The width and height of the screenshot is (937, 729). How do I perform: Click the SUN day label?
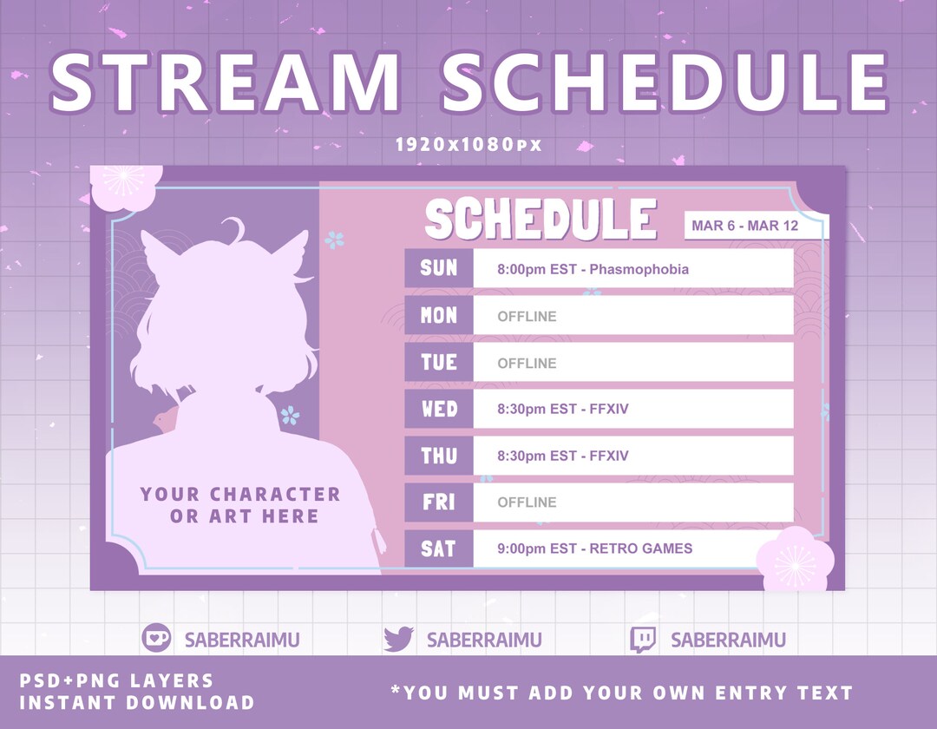(439, 268)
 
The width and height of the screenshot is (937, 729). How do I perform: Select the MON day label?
(439, 315)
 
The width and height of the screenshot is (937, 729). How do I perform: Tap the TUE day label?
(439, 362)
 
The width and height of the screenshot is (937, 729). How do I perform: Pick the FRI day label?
(439, 502)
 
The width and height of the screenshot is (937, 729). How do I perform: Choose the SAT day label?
(439, 548)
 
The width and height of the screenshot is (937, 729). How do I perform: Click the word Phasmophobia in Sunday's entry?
(639, 269)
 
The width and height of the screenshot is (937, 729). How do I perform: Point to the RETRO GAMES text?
(641, 548)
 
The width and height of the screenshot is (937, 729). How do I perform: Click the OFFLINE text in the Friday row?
(527, 502)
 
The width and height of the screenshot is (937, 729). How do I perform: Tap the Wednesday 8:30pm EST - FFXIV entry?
(563, 409)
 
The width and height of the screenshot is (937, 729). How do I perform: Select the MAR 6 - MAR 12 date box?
(757, 226)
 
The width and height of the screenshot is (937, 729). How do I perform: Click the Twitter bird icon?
(398, 640)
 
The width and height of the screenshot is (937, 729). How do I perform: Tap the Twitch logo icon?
(643, 640)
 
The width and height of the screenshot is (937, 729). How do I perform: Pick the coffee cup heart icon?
(156, 639)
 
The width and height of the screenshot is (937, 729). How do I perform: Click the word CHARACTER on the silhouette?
(275, 495)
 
